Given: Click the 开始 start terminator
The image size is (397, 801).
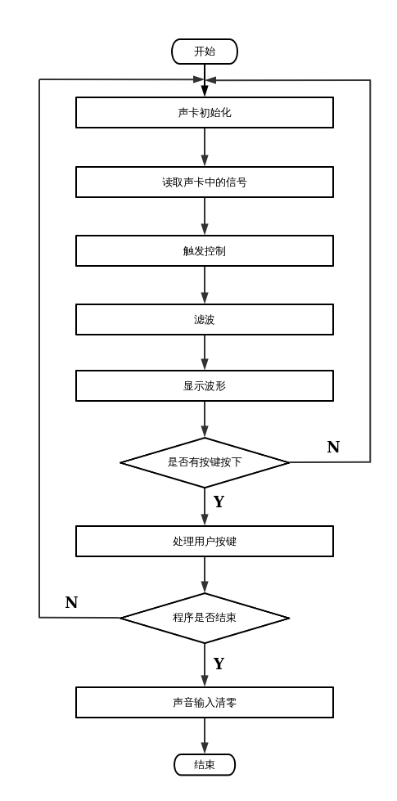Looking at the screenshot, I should [x=204, y=52].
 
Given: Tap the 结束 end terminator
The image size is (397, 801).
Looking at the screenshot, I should [x=204, y=764].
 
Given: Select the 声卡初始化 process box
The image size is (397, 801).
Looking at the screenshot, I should [x=204, y=113].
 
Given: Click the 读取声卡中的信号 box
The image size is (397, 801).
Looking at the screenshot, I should [x=204, y=182].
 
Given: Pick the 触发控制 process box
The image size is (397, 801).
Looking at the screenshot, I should [x=204, y=251].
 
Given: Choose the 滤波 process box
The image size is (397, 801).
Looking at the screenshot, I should [x=204, y=320].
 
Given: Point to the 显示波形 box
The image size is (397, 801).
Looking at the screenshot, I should [x=204, y=386].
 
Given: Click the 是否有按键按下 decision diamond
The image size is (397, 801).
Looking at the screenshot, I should [x=204, y=462].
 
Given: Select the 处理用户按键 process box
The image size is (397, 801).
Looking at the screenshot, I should [x=204, y=542].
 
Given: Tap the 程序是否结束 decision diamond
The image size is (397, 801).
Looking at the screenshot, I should [x=204, y=618].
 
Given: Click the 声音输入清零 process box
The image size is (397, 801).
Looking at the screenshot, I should [x=204, y=702].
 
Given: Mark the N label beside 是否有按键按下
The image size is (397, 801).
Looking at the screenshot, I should [x=333, y=448].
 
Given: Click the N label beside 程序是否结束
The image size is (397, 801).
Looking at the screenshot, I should [x=71, y=603].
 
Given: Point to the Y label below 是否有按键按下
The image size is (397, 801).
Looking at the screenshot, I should [x=219, y=502].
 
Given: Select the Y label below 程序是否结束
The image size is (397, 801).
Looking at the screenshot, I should [x=219, y=664].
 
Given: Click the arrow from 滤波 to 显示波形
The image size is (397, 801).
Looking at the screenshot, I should [x=204, y=353].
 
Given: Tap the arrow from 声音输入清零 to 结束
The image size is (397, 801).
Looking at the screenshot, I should [x=204, y=736].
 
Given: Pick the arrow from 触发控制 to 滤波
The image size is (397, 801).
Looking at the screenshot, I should [x=204, y=285].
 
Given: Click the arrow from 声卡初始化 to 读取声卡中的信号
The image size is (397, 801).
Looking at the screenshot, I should [x=204, y=147].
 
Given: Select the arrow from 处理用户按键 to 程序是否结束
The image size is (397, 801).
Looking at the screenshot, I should [x=204, y=574].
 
